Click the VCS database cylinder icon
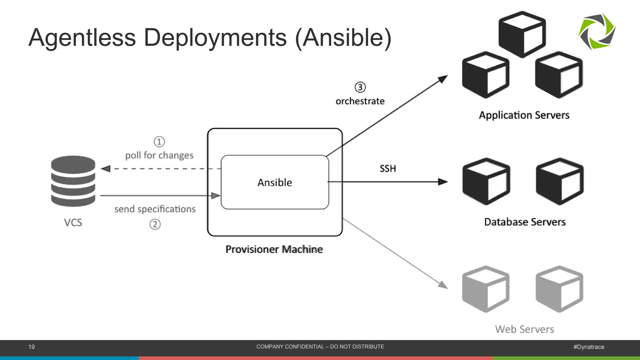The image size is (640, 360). (73, 181)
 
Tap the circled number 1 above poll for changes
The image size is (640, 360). (159, 142)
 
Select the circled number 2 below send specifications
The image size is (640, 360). (155, 224)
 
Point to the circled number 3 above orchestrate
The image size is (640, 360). (360, 87)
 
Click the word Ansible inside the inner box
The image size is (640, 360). (275, 182)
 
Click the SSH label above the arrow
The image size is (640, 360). (387, 169)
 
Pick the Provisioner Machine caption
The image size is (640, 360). (274, 249)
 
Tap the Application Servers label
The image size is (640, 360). (524, 115)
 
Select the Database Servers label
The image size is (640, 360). (525, 222)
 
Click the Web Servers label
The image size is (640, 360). (524, 329)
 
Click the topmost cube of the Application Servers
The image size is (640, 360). (522, 34)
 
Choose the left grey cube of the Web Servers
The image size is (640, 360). (486, 289)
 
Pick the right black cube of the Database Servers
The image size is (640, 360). (559, 182)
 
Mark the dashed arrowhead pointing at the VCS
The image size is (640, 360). (106, 169)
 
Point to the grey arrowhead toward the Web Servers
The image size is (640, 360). (443, 285)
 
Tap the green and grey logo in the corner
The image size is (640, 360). (597, 31)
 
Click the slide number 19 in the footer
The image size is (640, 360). (32, 347)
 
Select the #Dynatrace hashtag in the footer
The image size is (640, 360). (589, 347)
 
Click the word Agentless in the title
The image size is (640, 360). (82, 38)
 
